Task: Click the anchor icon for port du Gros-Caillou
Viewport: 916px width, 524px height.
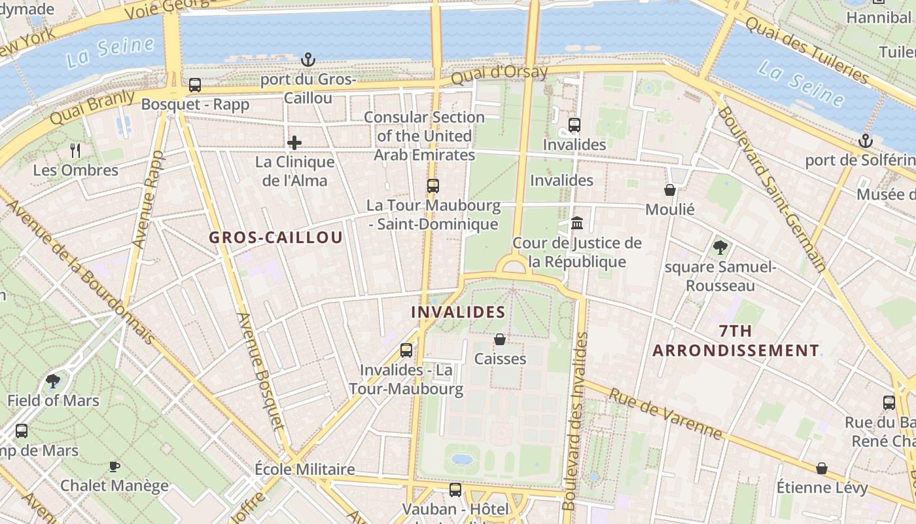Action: [x=308, y=60]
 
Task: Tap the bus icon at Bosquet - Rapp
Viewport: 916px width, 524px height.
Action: [x=195, y=85]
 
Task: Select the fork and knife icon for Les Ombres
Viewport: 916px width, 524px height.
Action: [x=75, y=151]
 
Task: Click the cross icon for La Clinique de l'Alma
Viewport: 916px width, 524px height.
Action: [x=294, y=143]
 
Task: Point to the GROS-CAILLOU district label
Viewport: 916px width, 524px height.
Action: [x=275, y=238]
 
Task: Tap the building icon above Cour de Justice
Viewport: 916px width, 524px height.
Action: [x=577, y=223]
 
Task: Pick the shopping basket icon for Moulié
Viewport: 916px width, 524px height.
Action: [x=670, y=190]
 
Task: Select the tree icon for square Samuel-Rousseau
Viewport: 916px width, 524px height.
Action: [x=720, y=248]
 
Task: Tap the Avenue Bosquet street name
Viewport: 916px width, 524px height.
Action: [x=261, y=370]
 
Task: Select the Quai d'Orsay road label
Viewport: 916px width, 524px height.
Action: [x=499, y=74]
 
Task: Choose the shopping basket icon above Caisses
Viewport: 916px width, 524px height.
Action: [x=500, y=339]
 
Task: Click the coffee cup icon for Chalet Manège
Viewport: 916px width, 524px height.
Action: [x=114, y=466]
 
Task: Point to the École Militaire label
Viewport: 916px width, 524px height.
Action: [x=304, y=470]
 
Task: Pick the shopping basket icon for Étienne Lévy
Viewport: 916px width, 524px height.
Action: [x=822, y=468]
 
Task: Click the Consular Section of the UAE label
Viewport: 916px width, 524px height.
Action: [x=424, y=136]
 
